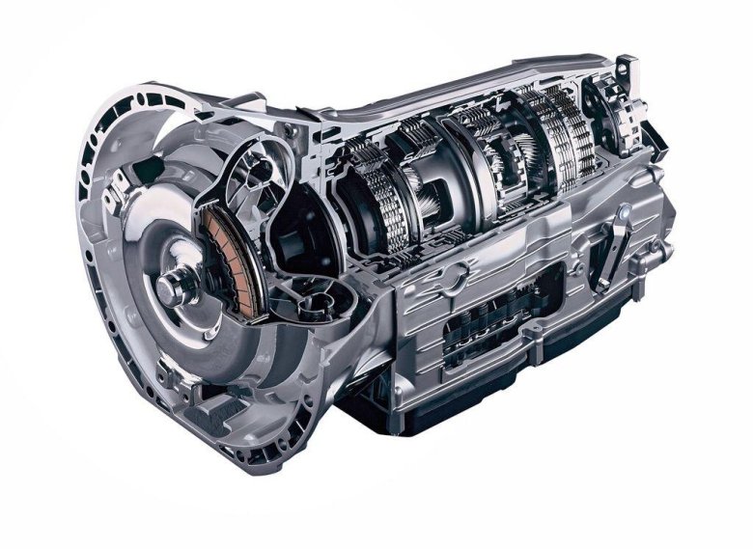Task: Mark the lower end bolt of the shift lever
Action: (x=600, y=286)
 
